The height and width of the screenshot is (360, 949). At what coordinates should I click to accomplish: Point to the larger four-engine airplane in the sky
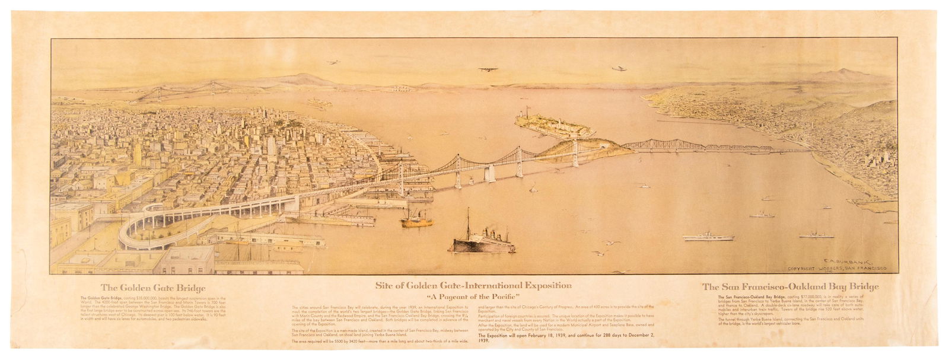(x=488, y=69)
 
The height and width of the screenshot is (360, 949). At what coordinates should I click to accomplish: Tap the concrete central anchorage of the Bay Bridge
(x=489, y=172)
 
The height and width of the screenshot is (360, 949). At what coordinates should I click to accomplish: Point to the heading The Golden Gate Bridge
(x=145, y=288)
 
